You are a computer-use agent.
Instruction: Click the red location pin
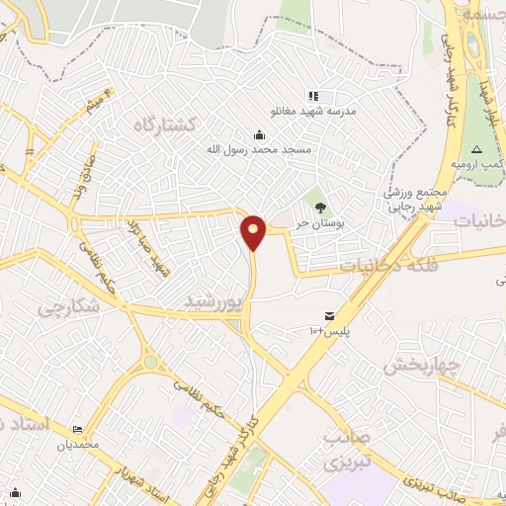click(x=254, y=231)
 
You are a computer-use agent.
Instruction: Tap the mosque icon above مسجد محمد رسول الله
click(x=259, y=134)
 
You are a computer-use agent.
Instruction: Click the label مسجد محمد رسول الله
click(x=259, y=149)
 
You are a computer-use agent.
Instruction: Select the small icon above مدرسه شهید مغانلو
click(x=313, y=96)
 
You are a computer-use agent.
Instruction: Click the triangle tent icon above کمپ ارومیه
click(x=477, y=148)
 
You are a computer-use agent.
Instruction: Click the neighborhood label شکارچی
click(x=69, y=307)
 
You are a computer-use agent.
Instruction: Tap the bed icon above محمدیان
click(x=77, y=430)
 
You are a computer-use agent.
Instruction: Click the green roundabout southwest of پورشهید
click(x=149, y=363)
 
